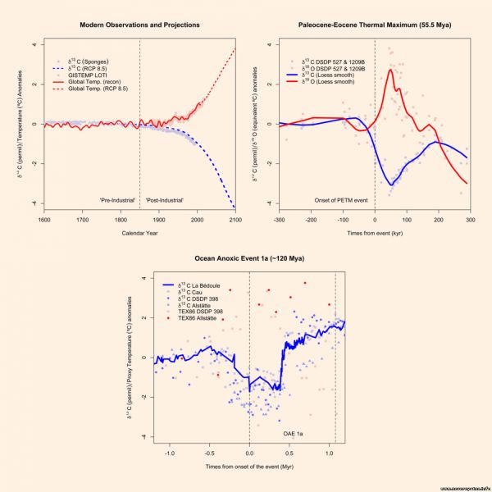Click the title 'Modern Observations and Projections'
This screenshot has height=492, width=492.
coord(139,25)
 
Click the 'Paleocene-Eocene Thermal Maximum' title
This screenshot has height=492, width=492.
coord(374,25)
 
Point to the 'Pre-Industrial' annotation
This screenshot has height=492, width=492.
coord(117,200)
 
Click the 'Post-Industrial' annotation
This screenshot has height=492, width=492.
coord(164,200)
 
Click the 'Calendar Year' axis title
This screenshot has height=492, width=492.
coord(139,238)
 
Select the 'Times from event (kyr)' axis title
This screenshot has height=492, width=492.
coord(375,233)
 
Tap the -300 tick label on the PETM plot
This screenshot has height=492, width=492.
coord(279,221)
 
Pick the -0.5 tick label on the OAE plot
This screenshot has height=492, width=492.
coord(210,453)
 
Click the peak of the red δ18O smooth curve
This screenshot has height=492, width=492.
coord(391,70)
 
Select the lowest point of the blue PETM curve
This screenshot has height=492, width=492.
coord(394,184)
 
